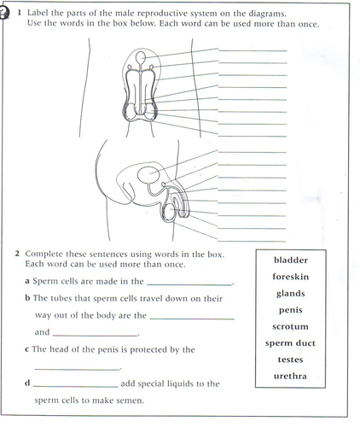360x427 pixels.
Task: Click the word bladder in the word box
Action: click(x=291, y=260)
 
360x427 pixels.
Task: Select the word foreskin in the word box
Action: click(x=291, y=277)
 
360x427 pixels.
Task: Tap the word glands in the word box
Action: click(x=291, y=294)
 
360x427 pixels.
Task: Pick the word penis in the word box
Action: click(x=291, y=310)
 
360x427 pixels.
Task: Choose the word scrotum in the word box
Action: click(x=290, y=326)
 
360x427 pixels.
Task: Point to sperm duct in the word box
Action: click(x=290, y=343)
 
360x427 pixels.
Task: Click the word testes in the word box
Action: click(x=290, y=360)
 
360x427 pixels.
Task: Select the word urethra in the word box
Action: click(x=290, y=376)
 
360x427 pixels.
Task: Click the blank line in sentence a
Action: click(x=189, y=284)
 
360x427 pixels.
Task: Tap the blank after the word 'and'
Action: click(x=95, y=336)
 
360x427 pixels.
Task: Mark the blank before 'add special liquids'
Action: click(x=76, y=387)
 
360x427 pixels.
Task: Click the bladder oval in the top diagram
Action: click(x=141, y=58)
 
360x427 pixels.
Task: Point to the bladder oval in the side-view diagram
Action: click(x=148, y=175)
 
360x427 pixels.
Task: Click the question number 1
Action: click(x=20, y=13)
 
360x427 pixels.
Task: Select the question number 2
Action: click(x=17, y=254)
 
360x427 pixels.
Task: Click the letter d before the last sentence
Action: click(x=27, y=383)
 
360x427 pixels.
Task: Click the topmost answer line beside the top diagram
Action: click(x=253, y=51)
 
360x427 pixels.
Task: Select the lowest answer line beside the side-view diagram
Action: click(x=252, y=241)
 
